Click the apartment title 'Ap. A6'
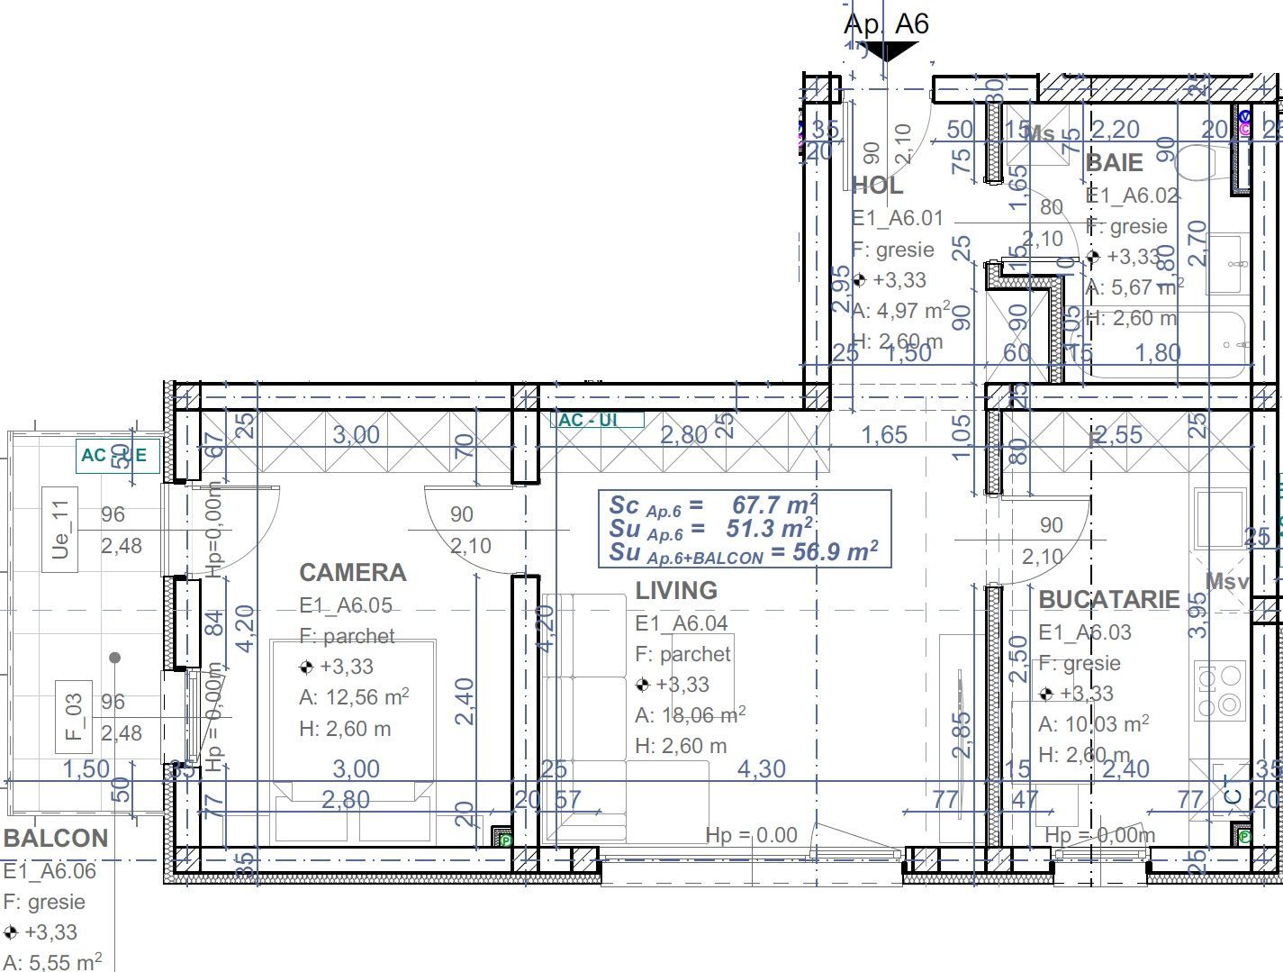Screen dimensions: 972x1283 [x=886, y=23]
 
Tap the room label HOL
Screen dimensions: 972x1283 [x=877, y=186]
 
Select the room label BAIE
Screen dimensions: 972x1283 [x=1114, y=163]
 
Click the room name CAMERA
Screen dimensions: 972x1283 [x=352, y=573]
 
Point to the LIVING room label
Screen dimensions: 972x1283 [x=676, y=591]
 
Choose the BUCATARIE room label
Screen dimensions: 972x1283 [x=1108, y=600]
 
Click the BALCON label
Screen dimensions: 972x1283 [x=56, y=839]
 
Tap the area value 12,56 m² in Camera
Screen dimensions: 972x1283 [x=354, y=697]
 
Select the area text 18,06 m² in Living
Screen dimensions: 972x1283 [x=690, y=715]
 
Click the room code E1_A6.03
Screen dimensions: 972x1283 [x=1084, y=632]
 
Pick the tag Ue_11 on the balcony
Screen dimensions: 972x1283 [x=59, y=530]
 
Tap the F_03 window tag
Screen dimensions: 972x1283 [x=74, y=716]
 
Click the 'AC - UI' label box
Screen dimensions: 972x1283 [x=596, y=420]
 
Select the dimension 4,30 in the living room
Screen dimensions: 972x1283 [x=761, y=769]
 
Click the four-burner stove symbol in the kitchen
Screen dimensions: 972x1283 [x=1219, y=690]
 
